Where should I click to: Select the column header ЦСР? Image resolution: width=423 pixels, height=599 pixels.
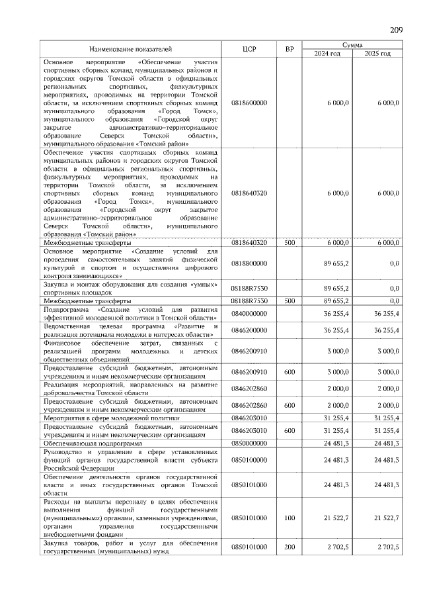(249, 49)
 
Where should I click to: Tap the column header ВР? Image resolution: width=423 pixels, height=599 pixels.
(289, 49)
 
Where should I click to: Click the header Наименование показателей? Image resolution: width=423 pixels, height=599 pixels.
(130, 49)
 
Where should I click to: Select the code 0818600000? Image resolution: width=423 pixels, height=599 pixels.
(249, 103)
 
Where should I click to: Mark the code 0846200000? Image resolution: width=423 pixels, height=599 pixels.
(249, 330)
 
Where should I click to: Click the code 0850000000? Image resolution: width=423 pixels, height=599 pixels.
(249, 443)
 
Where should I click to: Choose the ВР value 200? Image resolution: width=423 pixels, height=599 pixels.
(289, 547)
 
